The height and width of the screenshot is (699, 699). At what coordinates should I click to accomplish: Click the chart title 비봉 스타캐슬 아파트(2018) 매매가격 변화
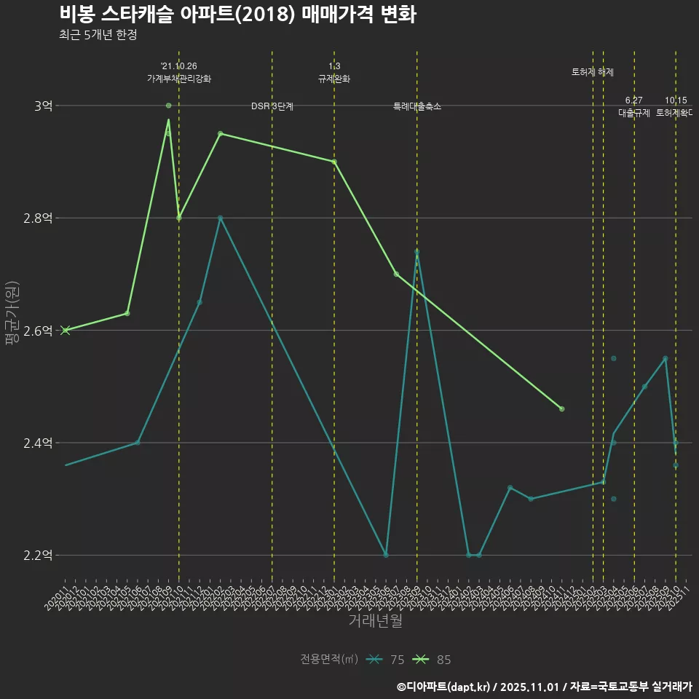[237, 15]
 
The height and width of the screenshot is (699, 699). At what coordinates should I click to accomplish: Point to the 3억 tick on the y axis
[43, 106]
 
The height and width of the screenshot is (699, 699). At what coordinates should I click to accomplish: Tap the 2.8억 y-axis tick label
[38, 218]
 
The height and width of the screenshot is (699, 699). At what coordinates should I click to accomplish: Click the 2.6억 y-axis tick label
[38, 331]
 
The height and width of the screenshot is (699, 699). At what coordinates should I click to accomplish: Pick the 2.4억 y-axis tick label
[38, 443]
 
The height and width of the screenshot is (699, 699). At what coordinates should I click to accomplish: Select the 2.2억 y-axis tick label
[38, 556]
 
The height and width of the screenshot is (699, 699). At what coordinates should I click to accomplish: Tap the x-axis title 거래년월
[375, 621]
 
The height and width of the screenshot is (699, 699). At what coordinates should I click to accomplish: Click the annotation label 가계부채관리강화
[179, 79]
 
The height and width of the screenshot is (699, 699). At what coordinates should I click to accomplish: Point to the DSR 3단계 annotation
[272, 106]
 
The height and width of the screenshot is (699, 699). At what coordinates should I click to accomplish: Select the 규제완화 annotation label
[334, 79]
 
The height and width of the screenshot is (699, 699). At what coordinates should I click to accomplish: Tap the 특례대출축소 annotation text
[417, 106]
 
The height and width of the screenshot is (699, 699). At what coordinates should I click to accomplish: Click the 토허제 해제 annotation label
[593, 72]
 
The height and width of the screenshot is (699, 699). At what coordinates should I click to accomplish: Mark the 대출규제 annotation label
[634, 113]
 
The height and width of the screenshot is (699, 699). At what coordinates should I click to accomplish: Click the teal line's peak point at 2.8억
[220, 218]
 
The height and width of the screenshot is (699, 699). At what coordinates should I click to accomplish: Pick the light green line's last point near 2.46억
[561, 408]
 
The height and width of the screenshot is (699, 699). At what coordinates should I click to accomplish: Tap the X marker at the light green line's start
[66, 331]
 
